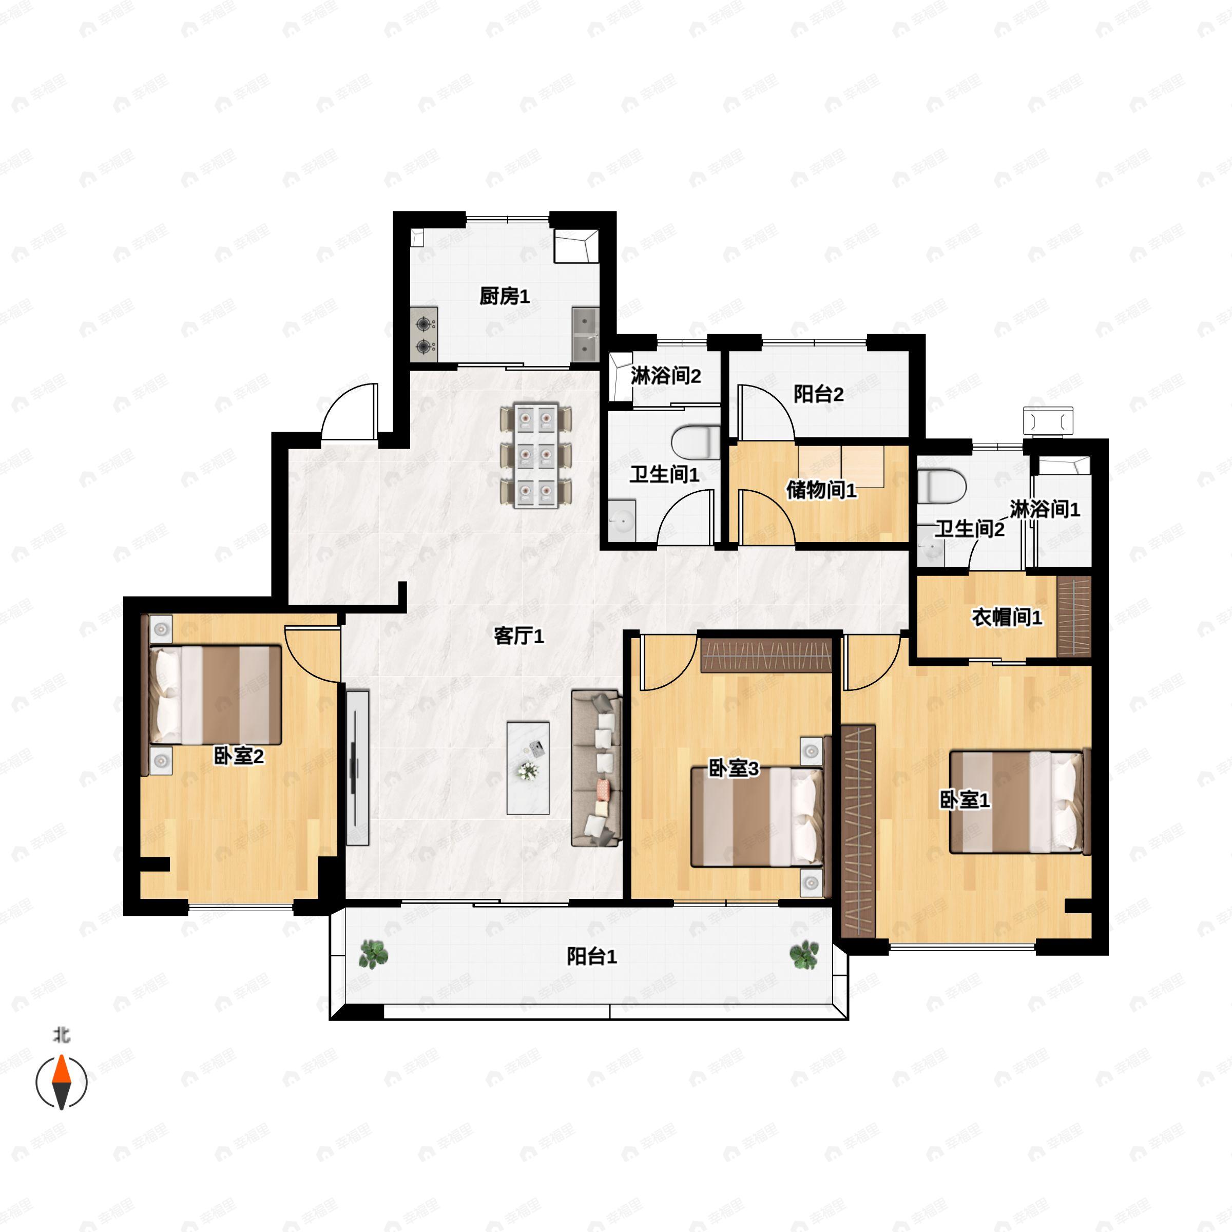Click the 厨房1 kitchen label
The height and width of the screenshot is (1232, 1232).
click(505, 297)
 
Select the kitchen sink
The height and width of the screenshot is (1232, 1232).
click(585, 334)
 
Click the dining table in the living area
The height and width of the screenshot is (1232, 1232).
click(535, 455)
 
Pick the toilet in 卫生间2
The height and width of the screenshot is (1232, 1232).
click(942, 486)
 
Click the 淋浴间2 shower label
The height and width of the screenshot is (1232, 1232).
click(666, 376)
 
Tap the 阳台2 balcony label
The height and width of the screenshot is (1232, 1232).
click(818, 394)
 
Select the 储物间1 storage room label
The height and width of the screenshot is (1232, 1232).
click(821, 490)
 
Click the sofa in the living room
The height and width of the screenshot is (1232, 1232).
click(596, 768)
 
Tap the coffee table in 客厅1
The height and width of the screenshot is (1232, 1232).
click(528, 768)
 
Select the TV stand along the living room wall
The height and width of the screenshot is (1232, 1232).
click(358, 768)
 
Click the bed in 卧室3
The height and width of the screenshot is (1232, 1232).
click(758, 817)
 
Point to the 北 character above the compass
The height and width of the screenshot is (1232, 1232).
click(61, 1034)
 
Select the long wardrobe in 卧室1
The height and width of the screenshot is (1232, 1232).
click(858, 830)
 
